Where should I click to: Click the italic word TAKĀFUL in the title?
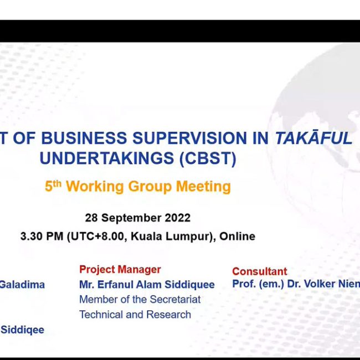313,138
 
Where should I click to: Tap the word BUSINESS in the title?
84,138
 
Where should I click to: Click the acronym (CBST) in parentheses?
208,158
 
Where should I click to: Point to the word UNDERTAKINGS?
106,158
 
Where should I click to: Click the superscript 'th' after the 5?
57,184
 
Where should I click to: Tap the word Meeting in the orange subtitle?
203,187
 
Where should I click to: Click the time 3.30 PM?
42,236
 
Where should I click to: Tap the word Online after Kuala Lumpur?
237,236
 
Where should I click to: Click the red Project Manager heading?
120,270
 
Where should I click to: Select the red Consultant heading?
260,271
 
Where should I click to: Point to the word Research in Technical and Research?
168,315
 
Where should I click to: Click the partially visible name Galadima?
22,285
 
